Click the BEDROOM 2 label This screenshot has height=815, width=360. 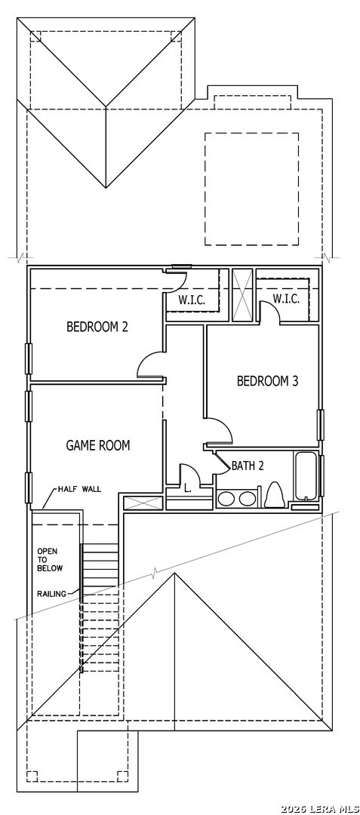coord(97,327)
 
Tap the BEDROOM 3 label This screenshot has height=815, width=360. coord(267,381)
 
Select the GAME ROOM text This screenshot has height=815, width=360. coord(97,445)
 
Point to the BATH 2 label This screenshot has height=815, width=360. coord(248,466)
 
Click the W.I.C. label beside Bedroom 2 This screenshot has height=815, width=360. coord(192,300)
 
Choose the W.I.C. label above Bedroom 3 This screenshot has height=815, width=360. coord(286,299)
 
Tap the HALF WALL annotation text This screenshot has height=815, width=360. coord(79,489)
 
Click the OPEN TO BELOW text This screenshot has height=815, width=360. coord(49,559)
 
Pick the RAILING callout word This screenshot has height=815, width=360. coord(51,594)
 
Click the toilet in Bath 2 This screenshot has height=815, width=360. coord(274,495)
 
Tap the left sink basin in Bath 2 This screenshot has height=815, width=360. coord(226,499)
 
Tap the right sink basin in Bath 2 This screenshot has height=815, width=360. coord(247,499)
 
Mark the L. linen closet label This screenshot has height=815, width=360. coord(187,488)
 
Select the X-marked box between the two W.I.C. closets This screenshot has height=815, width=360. coord(242,295)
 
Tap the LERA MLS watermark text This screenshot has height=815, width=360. coord(320,809)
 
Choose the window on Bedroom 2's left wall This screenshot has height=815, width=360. coord(29,358)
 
